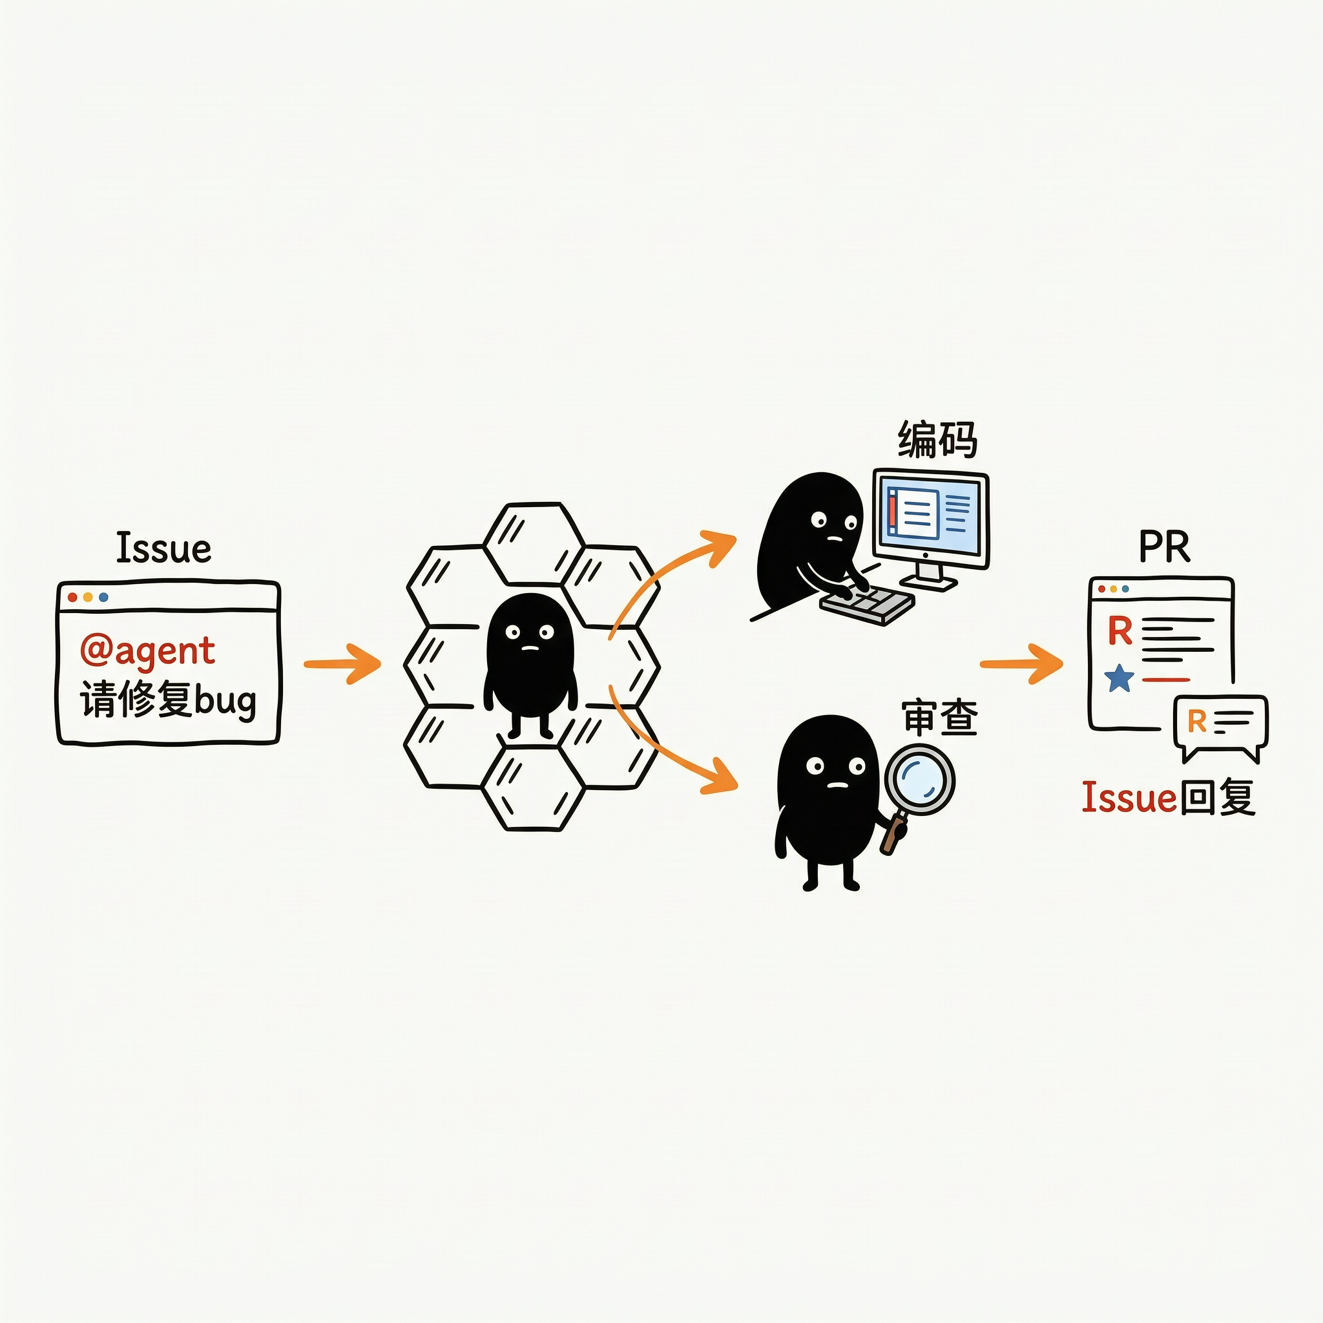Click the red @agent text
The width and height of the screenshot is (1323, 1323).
pyautogui.click(x=147, y=651)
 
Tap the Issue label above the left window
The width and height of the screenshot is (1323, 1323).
pyautogui.click(x=163, y=548)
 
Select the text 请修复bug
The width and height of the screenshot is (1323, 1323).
pyautogui.click(x=169, y=700)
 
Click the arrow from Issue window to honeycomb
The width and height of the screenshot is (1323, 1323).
pyautogui.click(x=342, y=663)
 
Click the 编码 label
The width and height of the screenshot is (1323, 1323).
pyautogui.click(x=937, y=439)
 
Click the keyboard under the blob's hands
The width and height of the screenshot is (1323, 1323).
pyautogui.click(x=868, y=603)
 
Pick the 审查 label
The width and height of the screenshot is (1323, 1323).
pyautogui.click(x=940, y=717)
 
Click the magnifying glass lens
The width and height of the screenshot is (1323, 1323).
pyautogui.click(x=919, y=779)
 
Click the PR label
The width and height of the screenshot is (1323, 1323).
pyautogui.click(x=1164, y=547)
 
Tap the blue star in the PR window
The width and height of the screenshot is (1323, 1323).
pyautogui.click(x=1120, y=678)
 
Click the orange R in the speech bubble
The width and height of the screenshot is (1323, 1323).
pyautogui.click(x=1196, y=720)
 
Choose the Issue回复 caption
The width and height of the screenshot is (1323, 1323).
pyautogui.click(x=1169, y=798)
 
